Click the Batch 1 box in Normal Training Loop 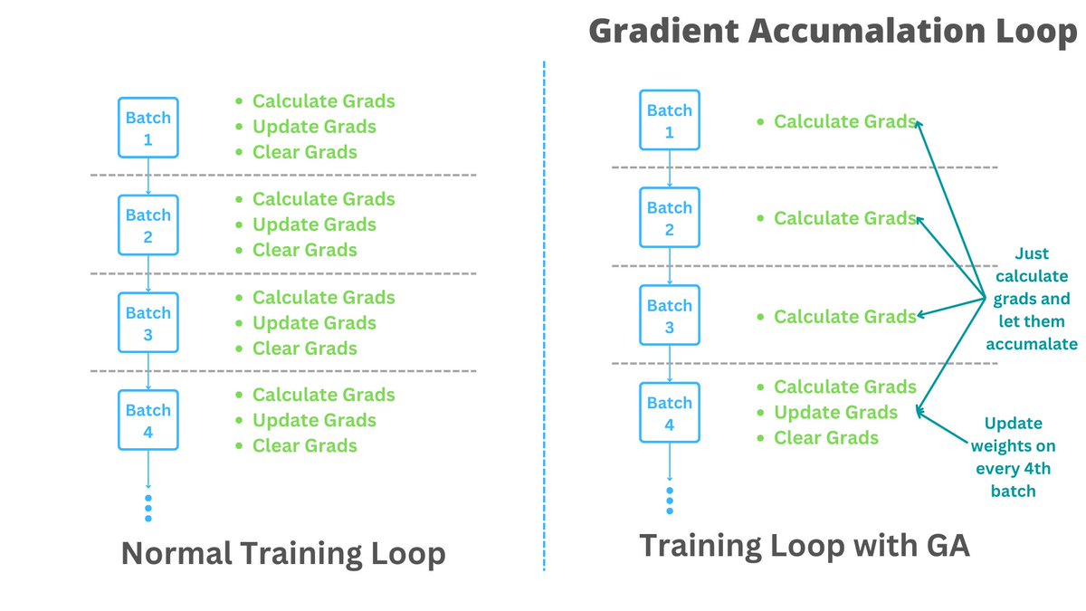148,128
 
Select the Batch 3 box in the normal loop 148,323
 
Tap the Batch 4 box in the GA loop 670,413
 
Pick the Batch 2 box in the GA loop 670,217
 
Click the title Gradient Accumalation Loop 833,31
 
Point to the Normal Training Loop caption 283,553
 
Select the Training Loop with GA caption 805,545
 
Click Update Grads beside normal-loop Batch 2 314,224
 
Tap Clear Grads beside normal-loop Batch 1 304,152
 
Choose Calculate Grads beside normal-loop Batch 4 323,395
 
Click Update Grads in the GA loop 835,413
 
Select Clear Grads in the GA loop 825,438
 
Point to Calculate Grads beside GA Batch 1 844,121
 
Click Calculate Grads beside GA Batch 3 844,317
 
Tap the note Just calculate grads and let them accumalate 1032,299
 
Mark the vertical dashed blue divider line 544,317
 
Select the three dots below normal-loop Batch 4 148,508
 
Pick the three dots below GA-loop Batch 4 670,501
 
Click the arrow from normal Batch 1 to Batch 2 148,177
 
